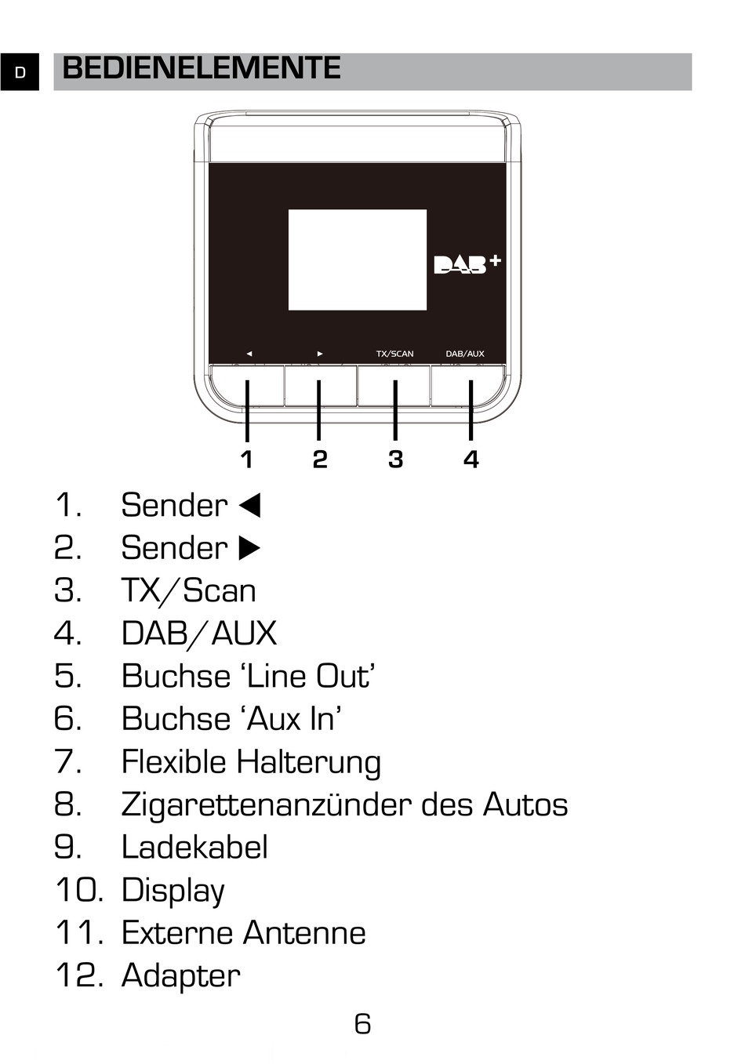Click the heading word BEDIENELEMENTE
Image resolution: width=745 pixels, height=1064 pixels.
coord(201,69)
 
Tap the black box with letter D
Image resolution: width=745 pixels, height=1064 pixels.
coord(20,73)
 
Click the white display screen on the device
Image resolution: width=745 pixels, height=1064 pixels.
coord(357,260)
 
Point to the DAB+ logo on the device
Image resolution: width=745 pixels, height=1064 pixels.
coord(467,264)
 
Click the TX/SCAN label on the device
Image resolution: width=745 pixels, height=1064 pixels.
coord(394,354)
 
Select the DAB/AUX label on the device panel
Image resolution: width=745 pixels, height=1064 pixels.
coord(465,354)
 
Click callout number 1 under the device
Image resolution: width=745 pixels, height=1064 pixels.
coord(247,459)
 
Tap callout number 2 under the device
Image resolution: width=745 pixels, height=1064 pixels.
coord(319,459)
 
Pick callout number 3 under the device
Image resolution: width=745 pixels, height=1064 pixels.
coord(395,459)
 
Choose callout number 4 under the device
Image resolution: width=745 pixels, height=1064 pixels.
coord(471,459)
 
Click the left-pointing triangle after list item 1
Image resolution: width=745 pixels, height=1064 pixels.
coord(249,506)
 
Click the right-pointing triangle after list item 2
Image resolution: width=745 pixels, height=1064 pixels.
coord(249,548)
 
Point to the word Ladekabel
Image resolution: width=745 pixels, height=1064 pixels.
coord(194,848)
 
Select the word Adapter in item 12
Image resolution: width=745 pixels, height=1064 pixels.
coord(180,976)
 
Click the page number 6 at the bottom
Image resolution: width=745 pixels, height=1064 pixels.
coord(362,1024)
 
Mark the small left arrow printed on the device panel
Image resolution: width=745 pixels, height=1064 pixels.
coord(249,354)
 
